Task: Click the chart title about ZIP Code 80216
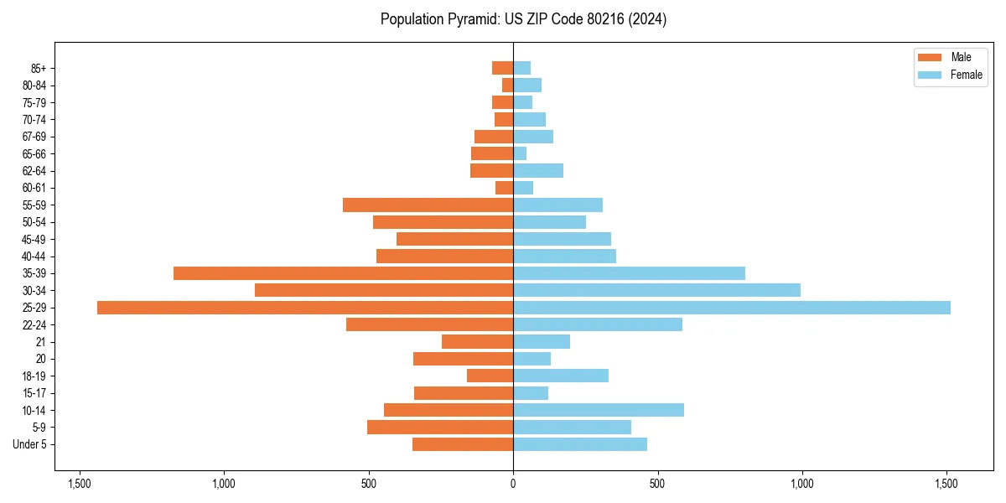click(x=523, y=19)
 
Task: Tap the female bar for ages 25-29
click(x=731, y=308)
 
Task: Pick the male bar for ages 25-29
click(x=305, y=308)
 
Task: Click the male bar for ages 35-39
click(x=343, y=273)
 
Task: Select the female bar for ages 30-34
click(x=656, y=290)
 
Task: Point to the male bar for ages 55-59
click(x=428, y=205)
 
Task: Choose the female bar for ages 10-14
click(x=599, y=410)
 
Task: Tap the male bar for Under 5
click(x=463, y=444)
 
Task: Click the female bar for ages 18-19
click(x=561, y=376)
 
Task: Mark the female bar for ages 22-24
click(x=598, y=324)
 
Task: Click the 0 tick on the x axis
click(x=513, y=484)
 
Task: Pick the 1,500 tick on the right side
click(x=946, y=484)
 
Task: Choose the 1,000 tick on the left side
click(x=224, y=484)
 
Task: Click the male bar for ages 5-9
click(x=440, y=428)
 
